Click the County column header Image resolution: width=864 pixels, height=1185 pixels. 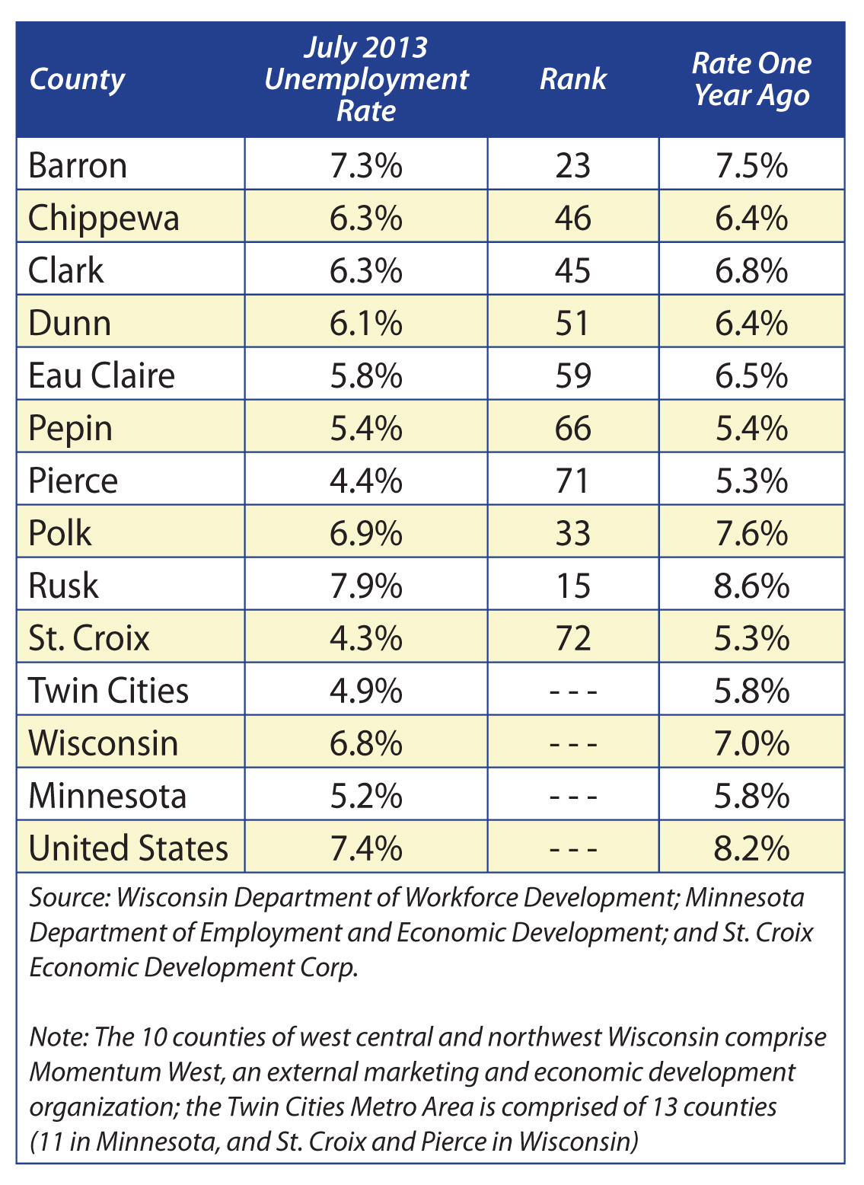coord(77,81)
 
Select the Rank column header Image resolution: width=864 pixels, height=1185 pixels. coord(573,79)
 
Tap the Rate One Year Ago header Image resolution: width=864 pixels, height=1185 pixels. coord(751,79)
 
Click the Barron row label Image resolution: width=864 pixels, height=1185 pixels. coord(78,165)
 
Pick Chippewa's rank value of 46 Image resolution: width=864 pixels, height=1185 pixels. coord(573,218)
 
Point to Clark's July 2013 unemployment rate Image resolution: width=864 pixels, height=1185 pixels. coord(366,270)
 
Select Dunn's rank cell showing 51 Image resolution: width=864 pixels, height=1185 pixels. coord(572,323)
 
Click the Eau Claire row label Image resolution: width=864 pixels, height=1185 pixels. coord(101,375)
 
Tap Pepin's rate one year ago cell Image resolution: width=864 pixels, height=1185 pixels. coord(751,428)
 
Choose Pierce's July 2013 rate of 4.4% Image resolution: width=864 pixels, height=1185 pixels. coord(366,481)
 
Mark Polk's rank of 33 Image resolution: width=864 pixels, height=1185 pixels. coord(572,533)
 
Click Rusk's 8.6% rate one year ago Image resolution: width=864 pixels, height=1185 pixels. coord(751,586)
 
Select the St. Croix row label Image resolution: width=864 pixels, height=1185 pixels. coord(89,638)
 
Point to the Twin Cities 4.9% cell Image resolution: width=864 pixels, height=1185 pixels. coord(366,691)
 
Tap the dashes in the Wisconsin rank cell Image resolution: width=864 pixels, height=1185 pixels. coord(574,744)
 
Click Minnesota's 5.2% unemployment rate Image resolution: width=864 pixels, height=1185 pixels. coord(366,796)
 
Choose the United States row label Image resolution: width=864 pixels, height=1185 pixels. coord(129,848)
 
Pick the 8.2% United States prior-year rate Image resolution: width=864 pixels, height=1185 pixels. coord(751,848)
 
